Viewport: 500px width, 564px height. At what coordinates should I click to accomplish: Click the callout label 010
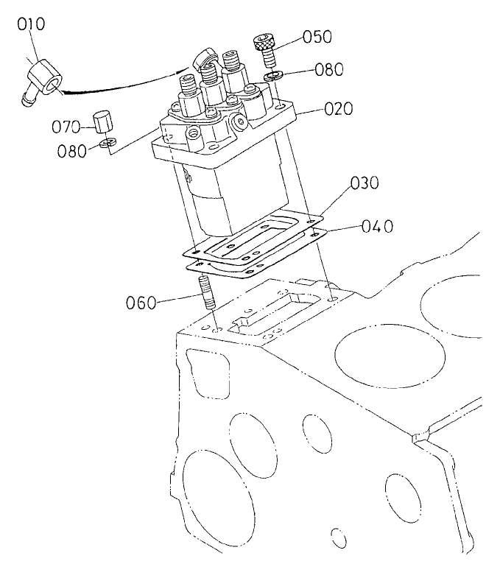[x=32, y=24]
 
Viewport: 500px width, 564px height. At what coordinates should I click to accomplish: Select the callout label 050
[x=317, y=37]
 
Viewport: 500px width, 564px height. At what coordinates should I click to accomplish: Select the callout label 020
[x=338, y=110]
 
